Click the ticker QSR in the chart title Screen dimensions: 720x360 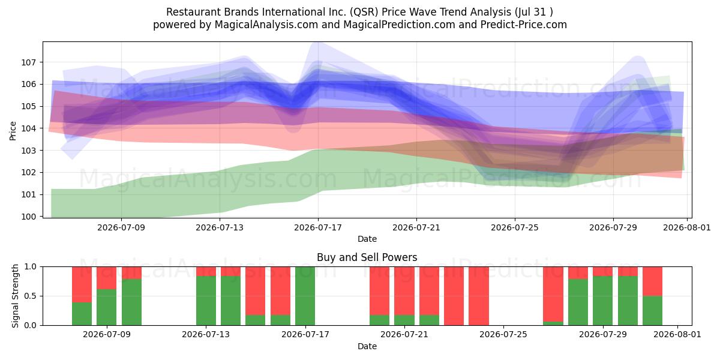364,12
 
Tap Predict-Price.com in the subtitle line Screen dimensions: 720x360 524,25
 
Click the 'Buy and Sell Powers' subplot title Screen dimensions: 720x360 367,257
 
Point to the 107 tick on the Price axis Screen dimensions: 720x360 28,62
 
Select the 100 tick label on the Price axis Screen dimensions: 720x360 28,217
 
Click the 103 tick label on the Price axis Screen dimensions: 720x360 28,151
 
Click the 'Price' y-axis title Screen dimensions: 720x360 13,131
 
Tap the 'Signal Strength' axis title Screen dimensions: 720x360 15,296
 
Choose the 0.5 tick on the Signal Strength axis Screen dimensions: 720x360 30,296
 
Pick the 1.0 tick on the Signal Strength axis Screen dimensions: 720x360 30,267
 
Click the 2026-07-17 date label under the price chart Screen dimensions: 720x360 318,227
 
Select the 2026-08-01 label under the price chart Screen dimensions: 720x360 687,227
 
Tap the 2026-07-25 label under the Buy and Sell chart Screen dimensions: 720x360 503,334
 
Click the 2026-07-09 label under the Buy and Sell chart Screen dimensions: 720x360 107,334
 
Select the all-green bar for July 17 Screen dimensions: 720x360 305,296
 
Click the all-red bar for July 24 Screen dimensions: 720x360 479,296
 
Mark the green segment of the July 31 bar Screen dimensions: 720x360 653,311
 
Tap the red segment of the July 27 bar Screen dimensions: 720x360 553,294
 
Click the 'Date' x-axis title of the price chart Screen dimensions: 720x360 367,239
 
